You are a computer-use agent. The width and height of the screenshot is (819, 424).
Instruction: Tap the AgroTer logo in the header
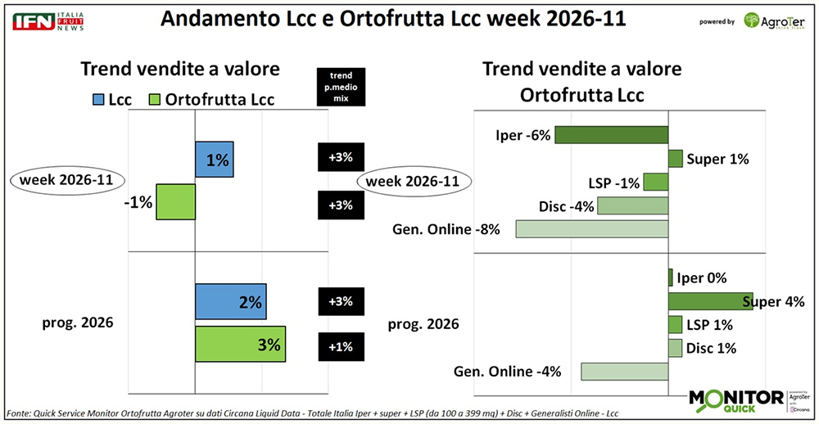point(773,21)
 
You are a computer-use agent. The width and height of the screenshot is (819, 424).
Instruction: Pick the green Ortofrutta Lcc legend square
point(152,100)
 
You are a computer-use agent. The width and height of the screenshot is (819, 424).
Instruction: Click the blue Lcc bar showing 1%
point(215,160)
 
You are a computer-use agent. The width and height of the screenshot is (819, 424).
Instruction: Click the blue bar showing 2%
point(231,302)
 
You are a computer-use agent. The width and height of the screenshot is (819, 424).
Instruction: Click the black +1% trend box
point(340,345)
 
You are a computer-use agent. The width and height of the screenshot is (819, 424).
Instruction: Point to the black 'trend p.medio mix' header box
point(340,85)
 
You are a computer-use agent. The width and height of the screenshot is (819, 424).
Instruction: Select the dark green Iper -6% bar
point(611,135)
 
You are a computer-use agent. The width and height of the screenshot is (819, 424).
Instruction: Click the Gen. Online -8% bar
point(592,228)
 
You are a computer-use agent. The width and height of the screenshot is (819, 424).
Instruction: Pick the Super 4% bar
point(710,301)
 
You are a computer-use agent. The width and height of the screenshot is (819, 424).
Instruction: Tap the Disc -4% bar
point(633,205)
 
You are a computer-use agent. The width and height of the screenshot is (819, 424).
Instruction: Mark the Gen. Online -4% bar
point(625,371)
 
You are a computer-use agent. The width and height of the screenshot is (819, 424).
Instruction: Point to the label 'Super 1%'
point(718,159)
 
